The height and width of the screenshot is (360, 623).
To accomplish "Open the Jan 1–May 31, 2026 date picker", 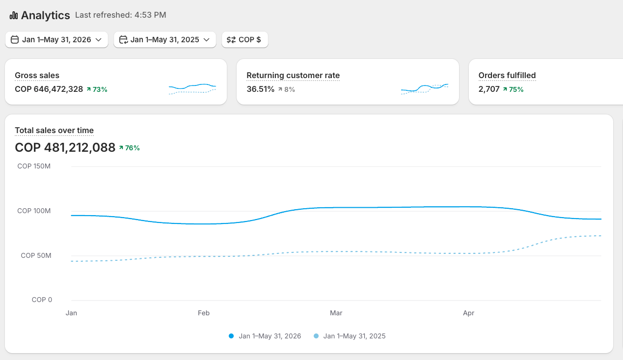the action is coord(56,39).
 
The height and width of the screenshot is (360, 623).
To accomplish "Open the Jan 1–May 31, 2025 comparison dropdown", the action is coord(164,39).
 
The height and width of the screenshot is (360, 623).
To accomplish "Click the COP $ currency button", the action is coord(245,39).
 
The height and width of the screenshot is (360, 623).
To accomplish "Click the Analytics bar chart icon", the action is coord(14,15).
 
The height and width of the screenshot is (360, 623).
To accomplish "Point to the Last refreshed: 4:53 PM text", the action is coord(120,15).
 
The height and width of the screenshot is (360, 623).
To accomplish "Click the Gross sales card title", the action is coord(37,76).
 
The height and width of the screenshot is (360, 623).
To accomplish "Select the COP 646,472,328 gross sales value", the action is coord(49,89).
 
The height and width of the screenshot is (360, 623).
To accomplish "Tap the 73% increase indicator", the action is coord(97,89).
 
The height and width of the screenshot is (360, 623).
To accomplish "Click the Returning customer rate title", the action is coord(293,76).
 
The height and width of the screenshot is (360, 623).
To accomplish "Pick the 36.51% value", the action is coord(260,89).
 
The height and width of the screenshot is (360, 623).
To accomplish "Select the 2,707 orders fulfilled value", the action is coord(489,89).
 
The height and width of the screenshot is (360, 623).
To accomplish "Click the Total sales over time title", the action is coord(54,131).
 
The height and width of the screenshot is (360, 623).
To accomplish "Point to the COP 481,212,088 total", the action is coord(65,147).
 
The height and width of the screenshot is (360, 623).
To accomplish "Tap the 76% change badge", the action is coord(129,148).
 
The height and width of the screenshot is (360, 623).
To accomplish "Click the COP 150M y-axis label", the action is coord(34,166).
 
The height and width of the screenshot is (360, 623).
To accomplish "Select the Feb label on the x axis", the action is coord(204,313).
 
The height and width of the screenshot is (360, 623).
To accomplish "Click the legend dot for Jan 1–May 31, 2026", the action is coord(231,336).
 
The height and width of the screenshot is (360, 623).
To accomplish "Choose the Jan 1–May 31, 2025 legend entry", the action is coord(350,336).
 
